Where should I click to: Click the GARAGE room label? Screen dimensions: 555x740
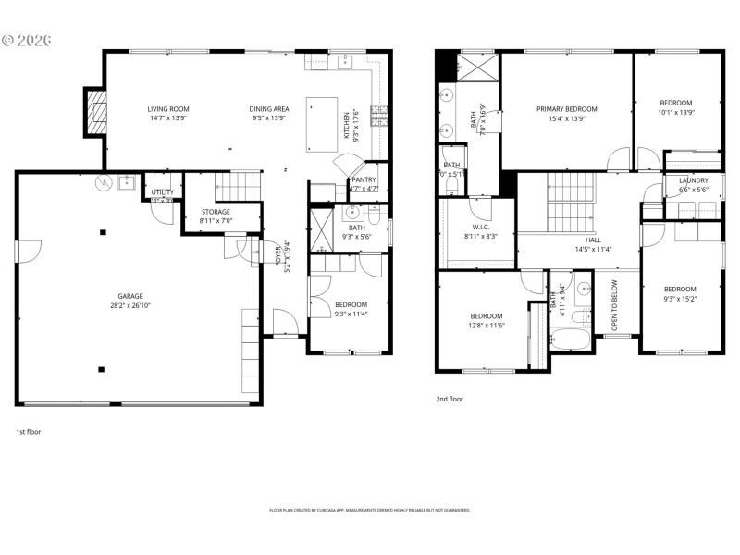(x=129, y=296)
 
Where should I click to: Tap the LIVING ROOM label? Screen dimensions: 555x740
(x=167, y=109)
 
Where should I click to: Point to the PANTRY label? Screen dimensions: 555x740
(x=364, y=180)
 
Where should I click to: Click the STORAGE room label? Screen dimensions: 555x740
(x=216, y=212)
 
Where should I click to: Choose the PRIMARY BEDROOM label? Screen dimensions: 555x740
(x=567, y=109)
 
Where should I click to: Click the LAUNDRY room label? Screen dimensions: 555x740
(x=693, y=180)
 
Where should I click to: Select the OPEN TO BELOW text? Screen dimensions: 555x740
(x=613, y=312)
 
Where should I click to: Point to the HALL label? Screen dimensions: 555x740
(x=592, y=240)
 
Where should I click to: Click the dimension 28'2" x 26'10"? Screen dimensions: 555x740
(x=129, y=305)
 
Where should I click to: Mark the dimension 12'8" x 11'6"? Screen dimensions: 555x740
(x=486, y=325)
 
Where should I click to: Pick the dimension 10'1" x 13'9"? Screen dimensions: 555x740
(x=676, y=112)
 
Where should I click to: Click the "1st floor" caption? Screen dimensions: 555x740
(x=28, y=431)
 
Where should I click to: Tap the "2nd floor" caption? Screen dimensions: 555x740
(x=450, y=399)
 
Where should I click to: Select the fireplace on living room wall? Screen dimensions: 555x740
(x=94, y=111)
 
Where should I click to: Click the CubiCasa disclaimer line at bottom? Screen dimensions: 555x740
(x=370, y=510)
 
